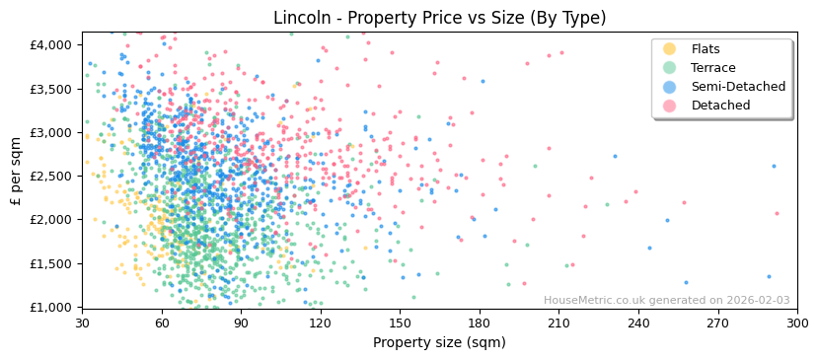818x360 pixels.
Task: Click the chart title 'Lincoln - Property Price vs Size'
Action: (x=439, y=18)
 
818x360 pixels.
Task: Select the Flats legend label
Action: (x=706, y=49)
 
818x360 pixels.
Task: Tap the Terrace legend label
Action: (x=713, y=68)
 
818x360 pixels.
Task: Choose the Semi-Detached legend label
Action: (x=738, y=87)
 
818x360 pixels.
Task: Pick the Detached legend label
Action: (x=720, y=106)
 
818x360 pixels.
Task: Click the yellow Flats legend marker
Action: (x=670, y=49)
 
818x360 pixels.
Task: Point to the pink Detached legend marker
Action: (x=670, y=106)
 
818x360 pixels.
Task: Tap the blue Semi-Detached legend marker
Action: (x=670, y=87)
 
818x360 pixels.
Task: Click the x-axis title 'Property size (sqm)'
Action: (x=439, y=342)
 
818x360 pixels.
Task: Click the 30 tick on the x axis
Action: (x=82, y=323)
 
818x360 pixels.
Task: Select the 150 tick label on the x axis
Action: (x=400, y=323)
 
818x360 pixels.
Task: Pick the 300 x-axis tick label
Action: (x=796, y=323)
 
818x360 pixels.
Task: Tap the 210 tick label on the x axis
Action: (x=558, y=323)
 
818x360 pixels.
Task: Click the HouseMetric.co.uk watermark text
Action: (x=666, y=300)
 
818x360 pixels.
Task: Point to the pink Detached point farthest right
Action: (x=777, y=213)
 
